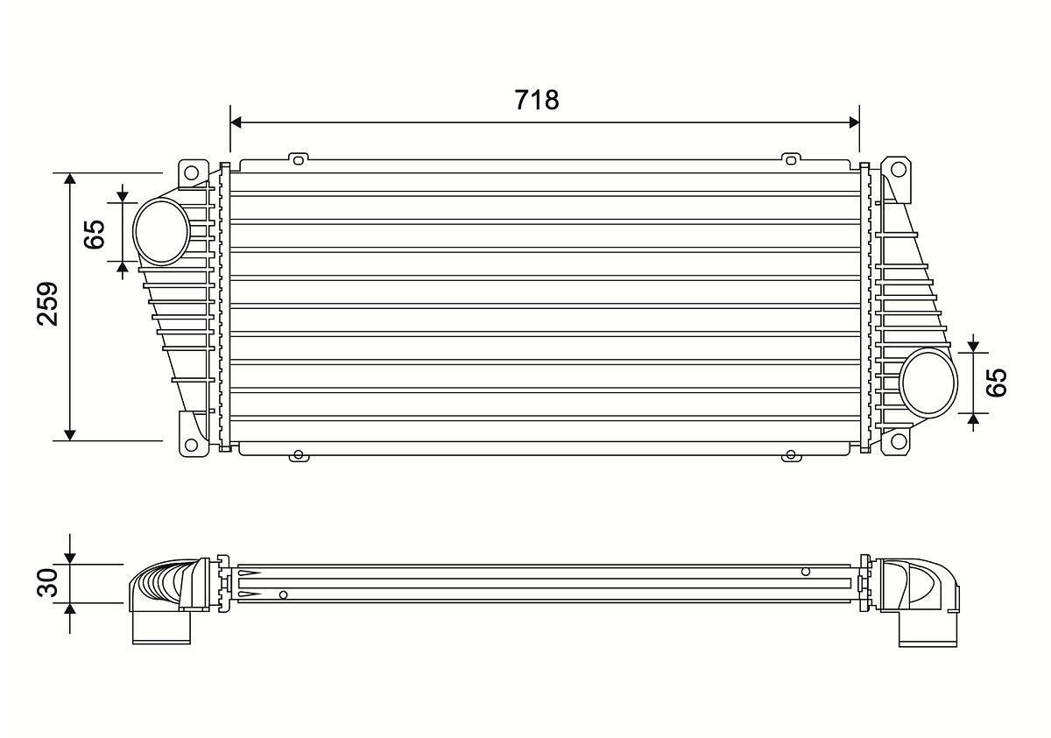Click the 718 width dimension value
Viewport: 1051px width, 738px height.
point(536,100)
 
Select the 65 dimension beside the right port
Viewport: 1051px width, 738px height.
point(998,383)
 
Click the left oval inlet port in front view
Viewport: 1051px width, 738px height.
point(162,232)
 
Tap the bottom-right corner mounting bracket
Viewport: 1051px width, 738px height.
point(896,442)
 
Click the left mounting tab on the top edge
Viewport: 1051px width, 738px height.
point(298,159)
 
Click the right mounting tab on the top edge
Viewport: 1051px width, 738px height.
point(791,159)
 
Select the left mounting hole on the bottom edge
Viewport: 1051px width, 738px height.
point(298,454)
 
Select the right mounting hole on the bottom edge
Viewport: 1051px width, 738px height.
point(791,454)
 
